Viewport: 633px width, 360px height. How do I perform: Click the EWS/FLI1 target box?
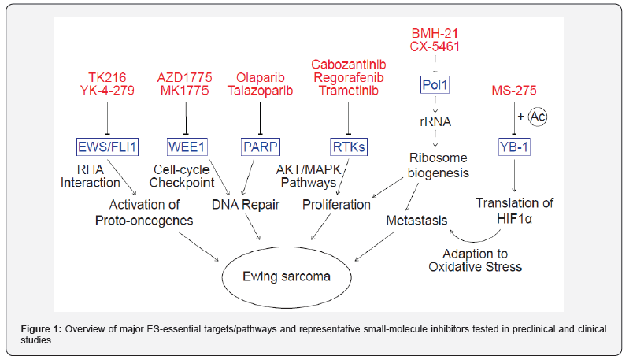[x=107, y=146]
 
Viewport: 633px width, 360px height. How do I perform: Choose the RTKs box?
[x=347, y=146]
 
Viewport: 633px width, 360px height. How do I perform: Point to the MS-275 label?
[x=515, y=91]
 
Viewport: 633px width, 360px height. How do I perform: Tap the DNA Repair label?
[x=242, y=205]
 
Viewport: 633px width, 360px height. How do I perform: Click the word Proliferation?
[x=337, y=205]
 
